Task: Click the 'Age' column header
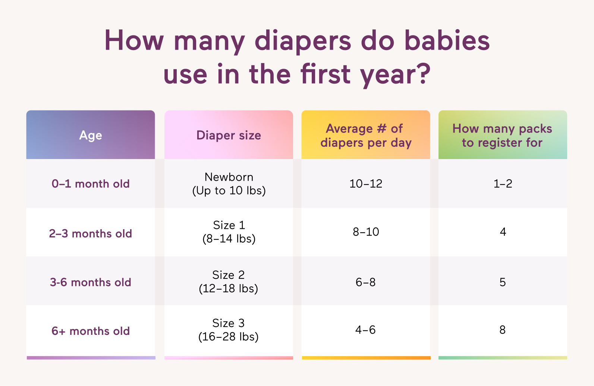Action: [91, 135]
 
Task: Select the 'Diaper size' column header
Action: [229, 135]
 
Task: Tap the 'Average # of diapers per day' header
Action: [366, 136]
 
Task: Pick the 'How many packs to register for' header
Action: [502, 136]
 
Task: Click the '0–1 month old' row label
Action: [91, 184]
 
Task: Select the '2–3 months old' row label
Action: [91, 234]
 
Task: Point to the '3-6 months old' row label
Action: [91, 282]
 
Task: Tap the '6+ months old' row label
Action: [91, 331]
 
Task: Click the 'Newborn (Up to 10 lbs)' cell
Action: [229, 184]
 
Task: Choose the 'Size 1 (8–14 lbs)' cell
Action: [229, 232]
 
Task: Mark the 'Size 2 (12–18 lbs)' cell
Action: [229, 281]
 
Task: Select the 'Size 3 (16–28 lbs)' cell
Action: [229, 330]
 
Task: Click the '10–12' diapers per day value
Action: [366, 184]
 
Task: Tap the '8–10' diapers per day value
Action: [366, 232]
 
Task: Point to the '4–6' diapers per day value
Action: [365, 330]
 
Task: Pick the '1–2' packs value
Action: [503, 184]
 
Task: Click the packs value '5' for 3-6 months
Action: [503, 282]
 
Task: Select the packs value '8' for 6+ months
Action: [503, 330]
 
